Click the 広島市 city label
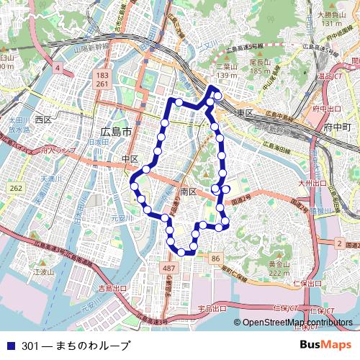[x=116, y=132]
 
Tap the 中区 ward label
[x=130, y=158]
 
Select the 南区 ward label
[x=189, y=192]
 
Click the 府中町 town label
[x=336, y=127]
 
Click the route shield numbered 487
[x=169, y=269]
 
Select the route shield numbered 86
[x=216, y=257]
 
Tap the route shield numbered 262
[x=16, y=188]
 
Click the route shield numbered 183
[x=102, y=75]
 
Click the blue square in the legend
[x=10, y=346]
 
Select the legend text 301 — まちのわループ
[x=76, y=346]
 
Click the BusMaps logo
[x=325, y=345]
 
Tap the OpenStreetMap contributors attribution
[x=298, y=323]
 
